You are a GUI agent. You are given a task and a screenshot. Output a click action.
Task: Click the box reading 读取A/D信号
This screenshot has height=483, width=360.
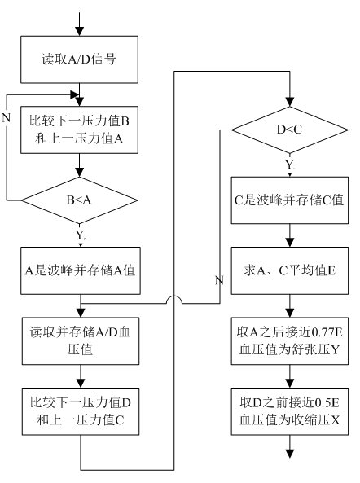coord(79,59)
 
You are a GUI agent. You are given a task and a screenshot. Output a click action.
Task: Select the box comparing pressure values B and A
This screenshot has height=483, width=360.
coord(79,130)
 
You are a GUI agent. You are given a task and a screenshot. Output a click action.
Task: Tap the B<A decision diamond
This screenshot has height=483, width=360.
coord(79,200)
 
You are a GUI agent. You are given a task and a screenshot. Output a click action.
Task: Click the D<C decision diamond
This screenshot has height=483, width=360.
coord(289,130)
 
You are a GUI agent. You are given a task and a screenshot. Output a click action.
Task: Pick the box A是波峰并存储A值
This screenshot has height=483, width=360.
coord(81,270)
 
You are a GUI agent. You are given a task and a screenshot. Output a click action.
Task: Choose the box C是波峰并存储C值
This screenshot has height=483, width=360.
coord(289,200)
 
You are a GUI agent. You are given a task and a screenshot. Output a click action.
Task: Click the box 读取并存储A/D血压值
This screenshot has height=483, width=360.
coord(81,341)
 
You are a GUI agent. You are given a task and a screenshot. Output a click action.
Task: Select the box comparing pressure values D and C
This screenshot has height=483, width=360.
coord(81,411)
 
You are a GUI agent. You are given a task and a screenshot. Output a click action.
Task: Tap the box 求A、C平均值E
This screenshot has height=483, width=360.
coord(289,270)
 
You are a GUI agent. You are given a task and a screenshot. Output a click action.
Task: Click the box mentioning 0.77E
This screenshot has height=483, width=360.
coord(289,341)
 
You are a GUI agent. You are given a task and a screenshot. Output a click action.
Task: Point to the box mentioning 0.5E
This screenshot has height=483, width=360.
coord(289,411)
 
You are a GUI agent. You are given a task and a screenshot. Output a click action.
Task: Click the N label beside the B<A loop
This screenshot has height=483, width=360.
coord(6,117)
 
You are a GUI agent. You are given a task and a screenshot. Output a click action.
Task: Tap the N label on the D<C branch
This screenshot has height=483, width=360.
coord(219,280)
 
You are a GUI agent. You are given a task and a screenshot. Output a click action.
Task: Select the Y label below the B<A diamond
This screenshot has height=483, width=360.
coord(80,235)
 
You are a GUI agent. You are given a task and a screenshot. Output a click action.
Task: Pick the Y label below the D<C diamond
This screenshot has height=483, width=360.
coord(290,165)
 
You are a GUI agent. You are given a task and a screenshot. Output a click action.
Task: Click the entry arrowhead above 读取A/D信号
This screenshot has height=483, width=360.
coord(80,31)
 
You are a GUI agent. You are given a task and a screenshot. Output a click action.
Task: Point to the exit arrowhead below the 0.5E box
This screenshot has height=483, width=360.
coord(289,454)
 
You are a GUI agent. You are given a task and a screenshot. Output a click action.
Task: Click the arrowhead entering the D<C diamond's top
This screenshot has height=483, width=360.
coord(289,102)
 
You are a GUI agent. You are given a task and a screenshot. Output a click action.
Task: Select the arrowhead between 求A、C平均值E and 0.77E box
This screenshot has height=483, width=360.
coord(289,313)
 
